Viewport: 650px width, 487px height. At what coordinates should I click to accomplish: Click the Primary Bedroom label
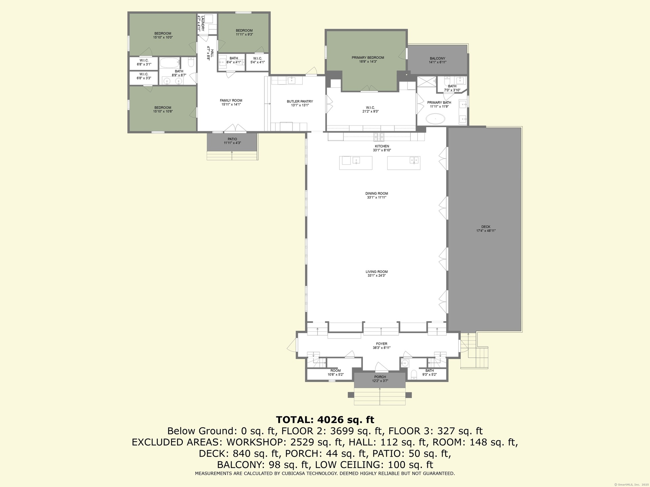(368, 58)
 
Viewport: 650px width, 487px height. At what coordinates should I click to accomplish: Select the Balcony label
(437, 59)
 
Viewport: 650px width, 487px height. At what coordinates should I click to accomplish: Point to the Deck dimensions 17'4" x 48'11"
(486, 231)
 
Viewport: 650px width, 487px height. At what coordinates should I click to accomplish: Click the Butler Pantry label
(300, 101)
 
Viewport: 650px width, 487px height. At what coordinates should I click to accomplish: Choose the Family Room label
(231, 100)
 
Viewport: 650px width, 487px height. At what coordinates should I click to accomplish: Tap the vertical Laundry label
(203, 23)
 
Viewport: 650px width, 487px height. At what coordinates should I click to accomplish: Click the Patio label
(232, 139)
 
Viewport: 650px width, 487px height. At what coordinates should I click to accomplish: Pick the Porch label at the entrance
(380, 377)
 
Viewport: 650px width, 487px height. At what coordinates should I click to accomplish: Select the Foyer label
(382, 344)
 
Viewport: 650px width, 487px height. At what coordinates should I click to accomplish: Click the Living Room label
(376, 272)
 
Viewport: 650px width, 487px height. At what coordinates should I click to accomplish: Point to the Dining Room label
(376, 193)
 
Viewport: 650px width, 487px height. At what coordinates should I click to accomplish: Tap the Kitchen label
(382, 146)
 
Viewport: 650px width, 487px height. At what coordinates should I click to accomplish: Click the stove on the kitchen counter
(379, 137)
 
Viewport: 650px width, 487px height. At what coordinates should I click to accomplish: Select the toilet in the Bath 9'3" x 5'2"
(414, 374)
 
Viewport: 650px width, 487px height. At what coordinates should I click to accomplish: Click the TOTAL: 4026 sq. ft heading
(325, 420)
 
